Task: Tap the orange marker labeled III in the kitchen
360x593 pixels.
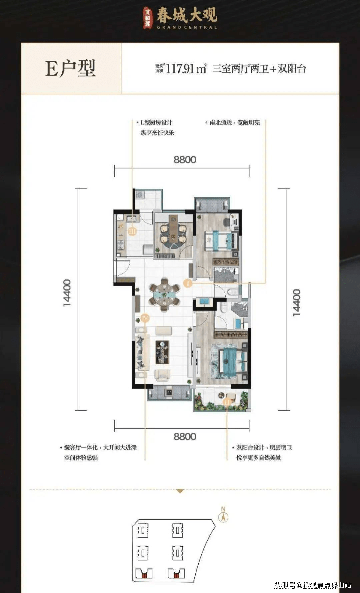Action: click(132, 231)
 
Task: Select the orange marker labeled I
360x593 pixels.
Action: click(188, 283)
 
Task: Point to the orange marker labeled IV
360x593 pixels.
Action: click(144, 318)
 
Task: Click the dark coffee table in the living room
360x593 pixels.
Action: click(162, 352)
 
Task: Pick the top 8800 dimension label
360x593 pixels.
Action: click(185, 160)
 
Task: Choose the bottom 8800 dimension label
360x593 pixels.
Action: click(185, 437)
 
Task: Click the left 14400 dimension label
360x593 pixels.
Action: click(67, 293)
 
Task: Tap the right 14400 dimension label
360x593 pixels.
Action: click(296, 303)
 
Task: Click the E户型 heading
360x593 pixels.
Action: click(70, 69)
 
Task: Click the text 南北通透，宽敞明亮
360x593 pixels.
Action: click(234, 123)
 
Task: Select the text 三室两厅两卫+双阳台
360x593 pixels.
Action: click(259, 69)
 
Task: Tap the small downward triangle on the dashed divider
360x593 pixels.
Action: click(180, 491)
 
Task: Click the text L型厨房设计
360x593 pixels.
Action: click(156, 123)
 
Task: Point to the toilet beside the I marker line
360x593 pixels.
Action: click(232, 292)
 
